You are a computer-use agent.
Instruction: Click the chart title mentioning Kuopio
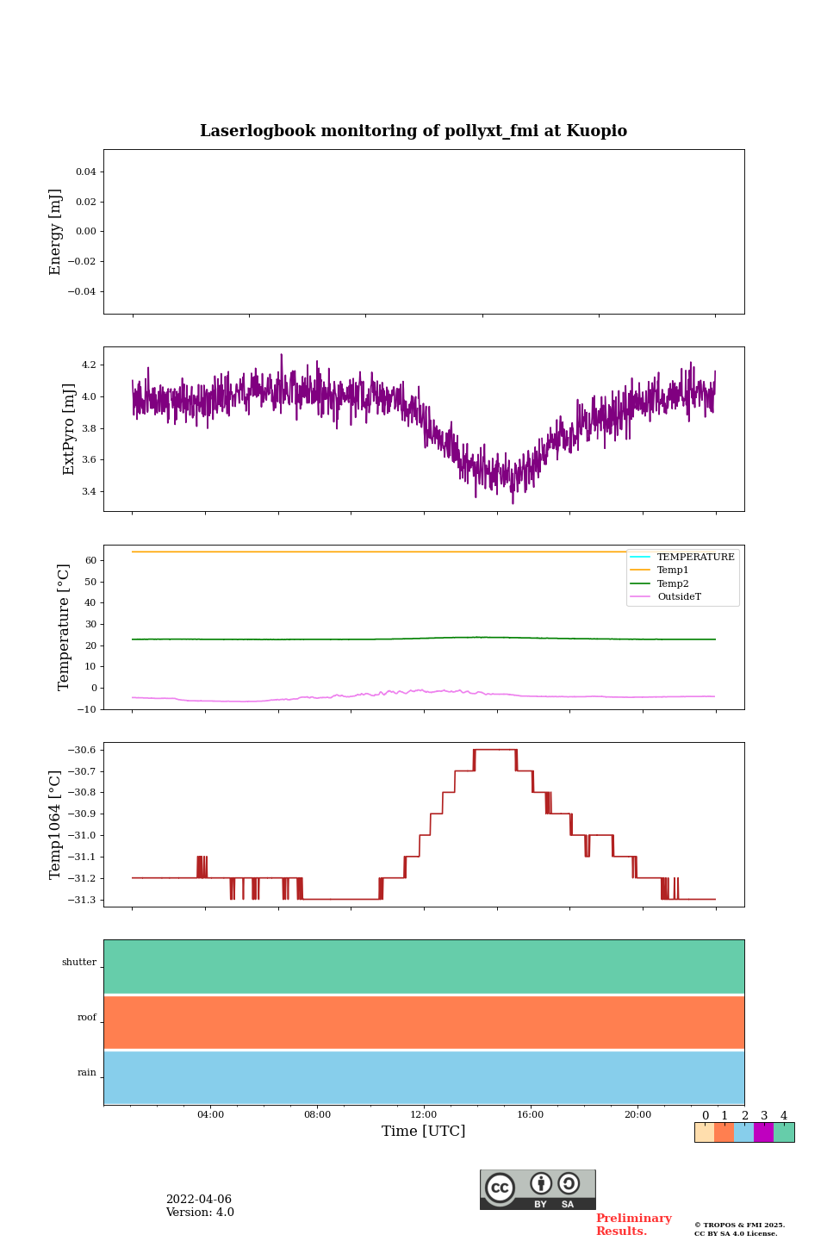413,131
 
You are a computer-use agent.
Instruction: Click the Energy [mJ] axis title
56,232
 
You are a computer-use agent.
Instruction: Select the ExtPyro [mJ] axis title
69,429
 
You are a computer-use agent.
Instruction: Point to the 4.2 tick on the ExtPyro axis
89,365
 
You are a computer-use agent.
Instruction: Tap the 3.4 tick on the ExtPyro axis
89,492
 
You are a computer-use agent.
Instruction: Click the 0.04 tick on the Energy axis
85,172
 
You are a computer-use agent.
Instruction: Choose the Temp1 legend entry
673,571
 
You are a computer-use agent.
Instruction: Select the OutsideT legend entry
679,597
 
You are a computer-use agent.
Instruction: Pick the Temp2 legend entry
673,584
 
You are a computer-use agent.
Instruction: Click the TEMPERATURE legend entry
695,558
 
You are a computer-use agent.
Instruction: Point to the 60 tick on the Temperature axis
90,561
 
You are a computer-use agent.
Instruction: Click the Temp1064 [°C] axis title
56,825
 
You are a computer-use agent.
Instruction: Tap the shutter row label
79,963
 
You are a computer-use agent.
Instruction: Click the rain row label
87,1073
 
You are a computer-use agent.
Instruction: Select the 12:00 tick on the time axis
424,1115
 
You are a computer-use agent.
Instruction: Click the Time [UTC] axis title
424,1132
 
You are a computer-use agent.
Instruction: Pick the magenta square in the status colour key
763,1132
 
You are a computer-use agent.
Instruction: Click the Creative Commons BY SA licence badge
538,1189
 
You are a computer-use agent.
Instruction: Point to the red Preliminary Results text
633,1225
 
